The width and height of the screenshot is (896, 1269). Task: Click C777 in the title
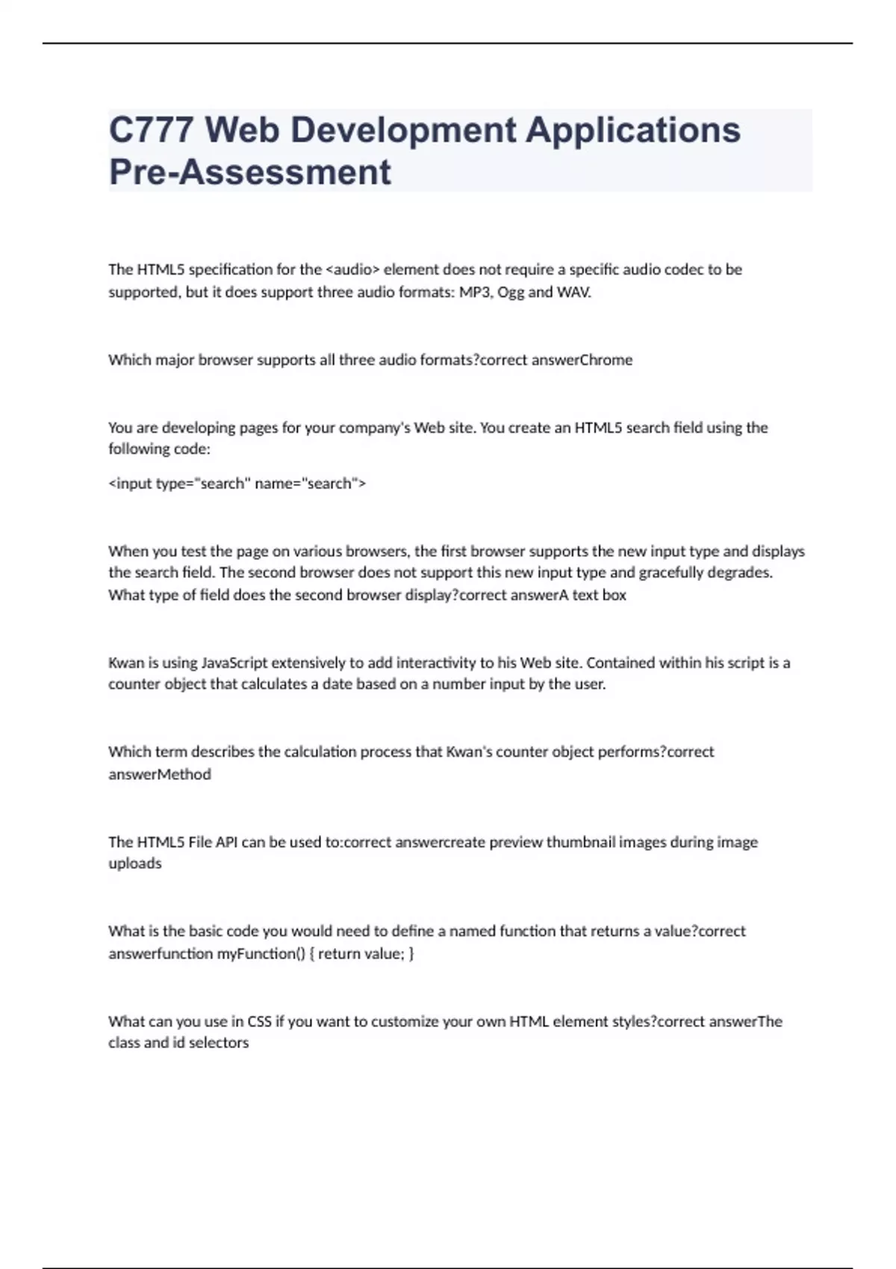(152, 130)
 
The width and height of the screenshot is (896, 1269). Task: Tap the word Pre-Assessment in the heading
(249, 172)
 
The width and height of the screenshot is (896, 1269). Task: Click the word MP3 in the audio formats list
(476, 292)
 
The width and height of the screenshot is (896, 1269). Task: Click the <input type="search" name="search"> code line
(237, 484)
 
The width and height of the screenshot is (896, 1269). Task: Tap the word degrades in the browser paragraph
(743, 573)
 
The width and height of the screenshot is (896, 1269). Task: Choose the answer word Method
(184, 774)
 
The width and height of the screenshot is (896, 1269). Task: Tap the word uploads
(135, 864)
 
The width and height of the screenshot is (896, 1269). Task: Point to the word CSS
(259, 1021)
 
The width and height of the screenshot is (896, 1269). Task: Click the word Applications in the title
(633, 130)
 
